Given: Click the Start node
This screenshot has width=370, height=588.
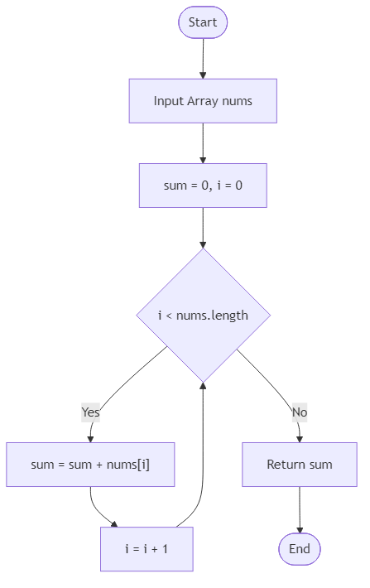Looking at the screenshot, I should pos(203,22).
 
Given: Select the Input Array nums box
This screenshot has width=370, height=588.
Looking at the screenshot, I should pos(203,101).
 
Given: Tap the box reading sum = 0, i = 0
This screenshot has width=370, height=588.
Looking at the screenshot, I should pos(203,186).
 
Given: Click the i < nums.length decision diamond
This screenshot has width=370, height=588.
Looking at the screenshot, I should pos(203,315).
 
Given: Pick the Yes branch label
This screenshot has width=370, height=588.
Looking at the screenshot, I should pos(90,412).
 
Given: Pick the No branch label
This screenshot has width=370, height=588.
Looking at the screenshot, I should pos(300,412).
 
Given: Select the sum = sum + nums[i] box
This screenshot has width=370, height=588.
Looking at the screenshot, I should pos(90,465).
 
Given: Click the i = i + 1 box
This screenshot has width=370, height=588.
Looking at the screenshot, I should pos(147,549).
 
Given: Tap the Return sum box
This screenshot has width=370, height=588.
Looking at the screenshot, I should pos(300,465).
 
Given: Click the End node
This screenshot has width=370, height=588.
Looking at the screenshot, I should pos(300,549).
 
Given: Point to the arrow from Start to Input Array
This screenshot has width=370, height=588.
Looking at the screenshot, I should pos(203,58).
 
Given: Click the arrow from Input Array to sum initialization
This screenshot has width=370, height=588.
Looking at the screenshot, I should pos(203,143).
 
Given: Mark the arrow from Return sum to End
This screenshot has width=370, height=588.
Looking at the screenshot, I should pos(300,509).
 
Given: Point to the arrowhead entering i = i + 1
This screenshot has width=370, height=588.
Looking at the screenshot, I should pos(113,525).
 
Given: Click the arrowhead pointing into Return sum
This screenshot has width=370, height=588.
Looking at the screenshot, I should pos(300,438).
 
